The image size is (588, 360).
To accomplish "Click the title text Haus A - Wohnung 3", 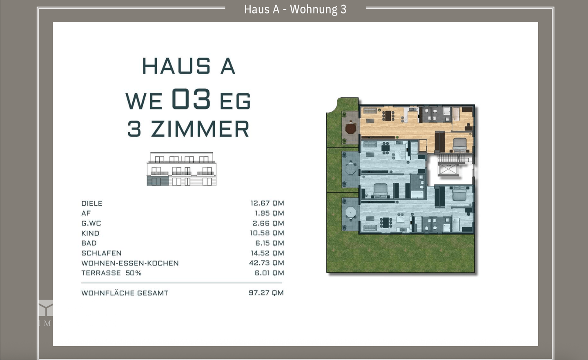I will pyautogui.click(x=295, y=9).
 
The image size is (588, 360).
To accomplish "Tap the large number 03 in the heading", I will pyautogui.click(x=191, y=99).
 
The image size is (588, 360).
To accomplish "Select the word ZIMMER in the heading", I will pyautogui.click(x=200, y=129).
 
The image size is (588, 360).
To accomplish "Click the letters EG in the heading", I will pyautogui.click(x=235, y=101).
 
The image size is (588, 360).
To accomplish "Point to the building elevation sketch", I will pyautogui.click(x=182, y=169).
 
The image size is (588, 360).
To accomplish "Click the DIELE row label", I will pyautogui.click(x=92, y=203).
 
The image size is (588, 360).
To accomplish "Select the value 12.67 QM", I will pyautogui.click(x=267, y=203).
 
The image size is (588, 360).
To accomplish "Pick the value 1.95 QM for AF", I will pyautogui.click(x=269, y=213).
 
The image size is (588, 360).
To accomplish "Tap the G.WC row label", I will pyautogui.click(x=91, y=223).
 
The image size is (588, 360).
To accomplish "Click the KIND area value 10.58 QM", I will pyautogui.click(x=267, y=233).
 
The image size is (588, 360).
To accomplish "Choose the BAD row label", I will pyautogui.click(x=89, y=243).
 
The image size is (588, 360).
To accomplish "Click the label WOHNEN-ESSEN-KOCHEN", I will pyautogui.click(x=130, y=263).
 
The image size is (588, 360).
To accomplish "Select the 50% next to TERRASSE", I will pyautogui.click(x=134, y=273).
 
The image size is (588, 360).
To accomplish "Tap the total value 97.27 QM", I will pyautogui.click(x=266, y=293).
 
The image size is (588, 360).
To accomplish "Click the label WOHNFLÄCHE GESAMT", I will pyautogui.click(x=125, y=293).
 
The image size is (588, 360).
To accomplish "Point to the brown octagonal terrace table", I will pyautogui.click(x=351, y=129).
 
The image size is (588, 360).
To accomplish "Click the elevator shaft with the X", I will pyautogui.click(x=448, y=169).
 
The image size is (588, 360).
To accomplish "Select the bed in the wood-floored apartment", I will pyautogui.click(x=460, y=144).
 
